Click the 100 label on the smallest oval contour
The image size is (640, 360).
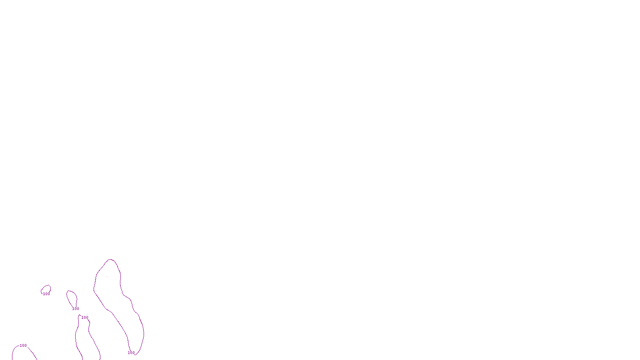[x=46, y=294]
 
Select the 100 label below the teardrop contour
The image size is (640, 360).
[x=76, y=309]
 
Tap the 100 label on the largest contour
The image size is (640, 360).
[x=131, y=353]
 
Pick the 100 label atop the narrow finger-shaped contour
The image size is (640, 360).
[x=85, y=318]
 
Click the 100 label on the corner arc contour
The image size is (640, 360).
[x=23, y=346]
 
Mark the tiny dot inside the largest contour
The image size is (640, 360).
[x=107, y=276]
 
